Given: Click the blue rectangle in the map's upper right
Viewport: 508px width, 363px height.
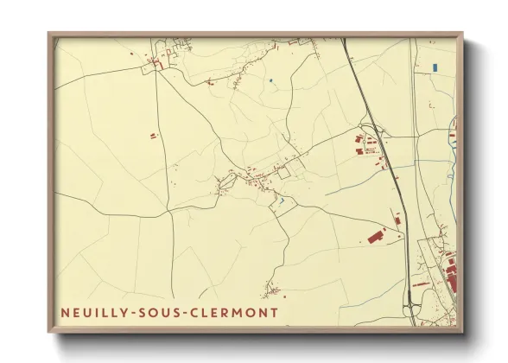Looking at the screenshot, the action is [435, 67].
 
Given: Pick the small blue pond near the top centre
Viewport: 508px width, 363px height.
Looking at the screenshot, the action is [270, 81].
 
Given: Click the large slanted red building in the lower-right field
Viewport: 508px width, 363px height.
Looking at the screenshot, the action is [376, 234].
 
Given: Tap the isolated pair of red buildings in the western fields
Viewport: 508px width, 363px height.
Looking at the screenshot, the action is [154, 136].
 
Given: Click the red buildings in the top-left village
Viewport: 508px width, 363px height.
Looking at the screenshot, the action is [156, 62].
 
